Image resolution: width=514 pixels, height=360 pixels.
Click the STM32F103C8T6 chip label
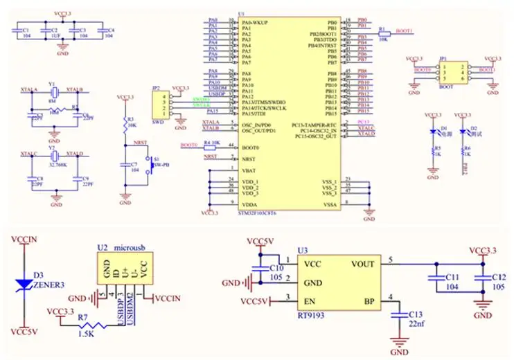(x=257, y=213)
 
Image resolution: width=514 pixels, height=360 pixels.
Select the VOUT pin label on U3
(x=363, y=264)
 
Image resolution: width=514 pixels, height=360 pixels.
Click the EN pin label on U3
(x=309, y=302)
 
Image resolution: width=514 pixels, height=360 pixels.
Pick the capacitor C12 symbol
(x=481, y=278)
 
